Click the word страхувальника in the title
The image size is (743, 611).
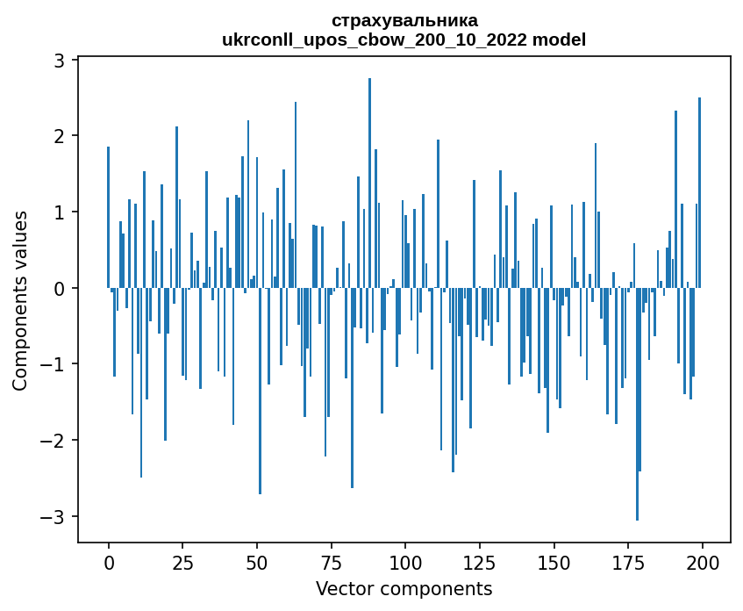pyautogui.click(x=404, y=20)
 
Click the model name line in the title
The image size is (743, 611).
pyautogui.click(x=404, y=40)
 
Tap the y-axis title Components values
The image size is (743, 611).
pyautogui.click(x=19, y=300)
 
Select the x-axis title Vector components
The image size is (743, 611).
pyautogui.click(x=404, y=588)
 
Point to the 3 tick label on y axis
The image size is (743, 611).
pyautogui.click(x=60, y=60)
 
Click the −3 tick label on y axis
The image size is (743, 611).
pyautogui.click(x=54, y=516)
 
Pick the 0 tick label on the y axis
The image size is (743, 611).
pyautogui.click(x=60, y=288)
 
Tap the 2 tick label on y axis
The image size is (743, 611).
pyautogui.click(x=60, y=136)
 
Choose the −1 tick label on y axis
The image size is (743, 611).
pyautogui.click(x=54, y=364)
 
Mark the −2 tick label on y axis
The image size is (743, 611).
pyautogui.click(x=54, y=441)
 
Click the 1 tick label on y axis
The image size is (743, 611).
pyautogui.click(x=60, y=212)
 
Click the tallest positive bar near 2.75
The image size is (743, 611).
pyautogui.click(x=369, y=176)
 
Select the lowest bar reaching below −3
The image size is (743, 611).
pyautogui.click(x=637, y=404)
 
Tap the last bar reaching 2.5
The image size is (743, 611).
pyautogui.click(x=699, y=193)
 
